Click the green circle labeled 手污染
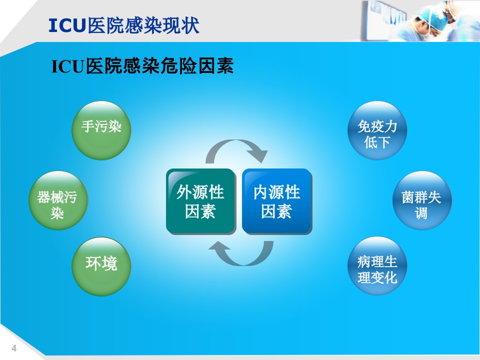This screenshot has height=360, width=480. tap(101, 130)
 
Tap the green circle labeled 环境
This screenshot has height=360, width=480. tap(101, 265)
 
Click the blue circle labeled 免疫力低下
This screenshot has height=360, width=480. tap(377, 131)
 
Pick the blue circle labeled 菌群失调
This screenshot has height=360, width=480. tap(421, 200)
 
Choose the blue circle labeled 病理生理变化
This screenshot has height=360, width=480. tap(377, 265)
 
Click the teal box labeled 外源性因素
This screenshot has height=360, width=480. tap(200, 201)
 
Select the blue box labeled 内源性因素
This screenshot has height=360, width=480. tap(276, 201)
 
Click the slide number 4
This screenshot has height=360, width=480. tap(14, 348)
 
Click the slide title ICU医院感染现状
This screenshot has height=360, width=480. tap(124, 25)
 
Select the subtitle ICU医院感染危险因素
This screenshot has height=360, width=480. tap(142, 66)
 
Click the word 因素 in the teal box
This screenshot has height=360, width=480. tap(200, 212)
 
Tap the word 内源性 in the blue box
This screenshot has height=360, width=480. tap(276, 192)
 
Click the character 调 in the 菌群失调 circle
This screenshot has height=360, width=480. tap(421, 213)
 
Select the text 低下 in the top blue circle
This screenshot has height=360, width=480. tap(377, 142)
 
